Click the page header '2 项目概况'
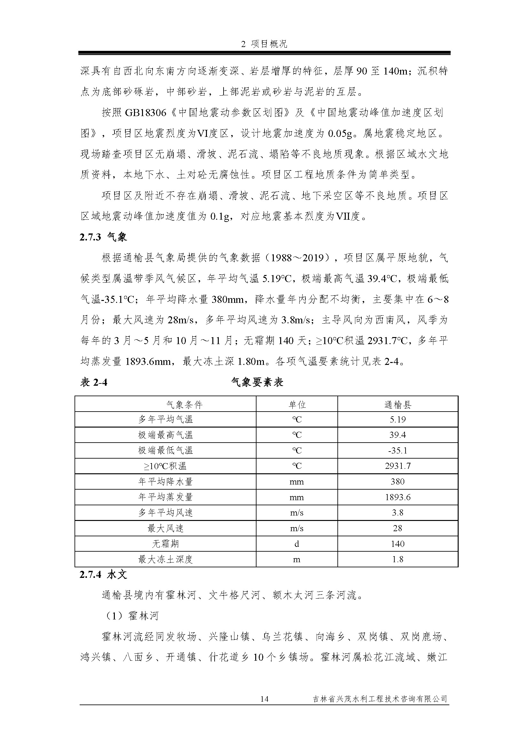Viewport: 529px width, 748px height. pyautogui.click(x=264, y=44)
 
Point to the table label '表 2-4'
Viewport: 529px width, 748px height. pyautogui.click(x=93, y=382)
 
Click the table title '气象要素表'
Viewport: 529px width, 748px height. pyautogui.click(x=257, y=382)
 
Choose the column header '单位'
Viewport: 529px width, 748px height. pyautogui.click(x=297, y=405)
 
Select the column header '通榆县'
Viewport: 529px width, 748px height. pyautogui.click(x=398, y=405)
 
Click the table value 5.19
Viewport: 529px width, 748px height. pyautogui.click(x=398, y=420)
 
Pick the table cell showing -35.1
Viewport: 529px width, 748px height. pyautogui.click(x=398, y=451)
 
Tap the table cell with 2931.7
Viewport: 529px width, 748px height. pyautogui.click(x=398, y=466)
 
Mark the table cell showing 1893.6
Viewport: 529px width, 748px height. pyautogui.click(x=398, y=497)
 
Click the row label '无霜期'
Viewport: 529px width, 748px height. pyautogui.click(x=165, y=544)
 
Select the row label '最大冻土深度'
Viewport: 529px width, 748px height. pyautogui.click(x=165, y=559)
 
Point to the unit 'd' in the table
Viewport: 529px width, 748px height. pyautogui.click(x=297, y=544)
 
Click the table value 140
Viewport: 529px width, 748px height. pyautogui.click(x=398, y=544)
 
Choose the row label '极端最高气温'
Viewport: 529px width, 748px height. pyautogui.click(x=165, y=435)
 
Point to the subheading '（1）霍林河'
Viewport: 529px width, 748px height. pyautogui.click(x=130, y=616)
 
